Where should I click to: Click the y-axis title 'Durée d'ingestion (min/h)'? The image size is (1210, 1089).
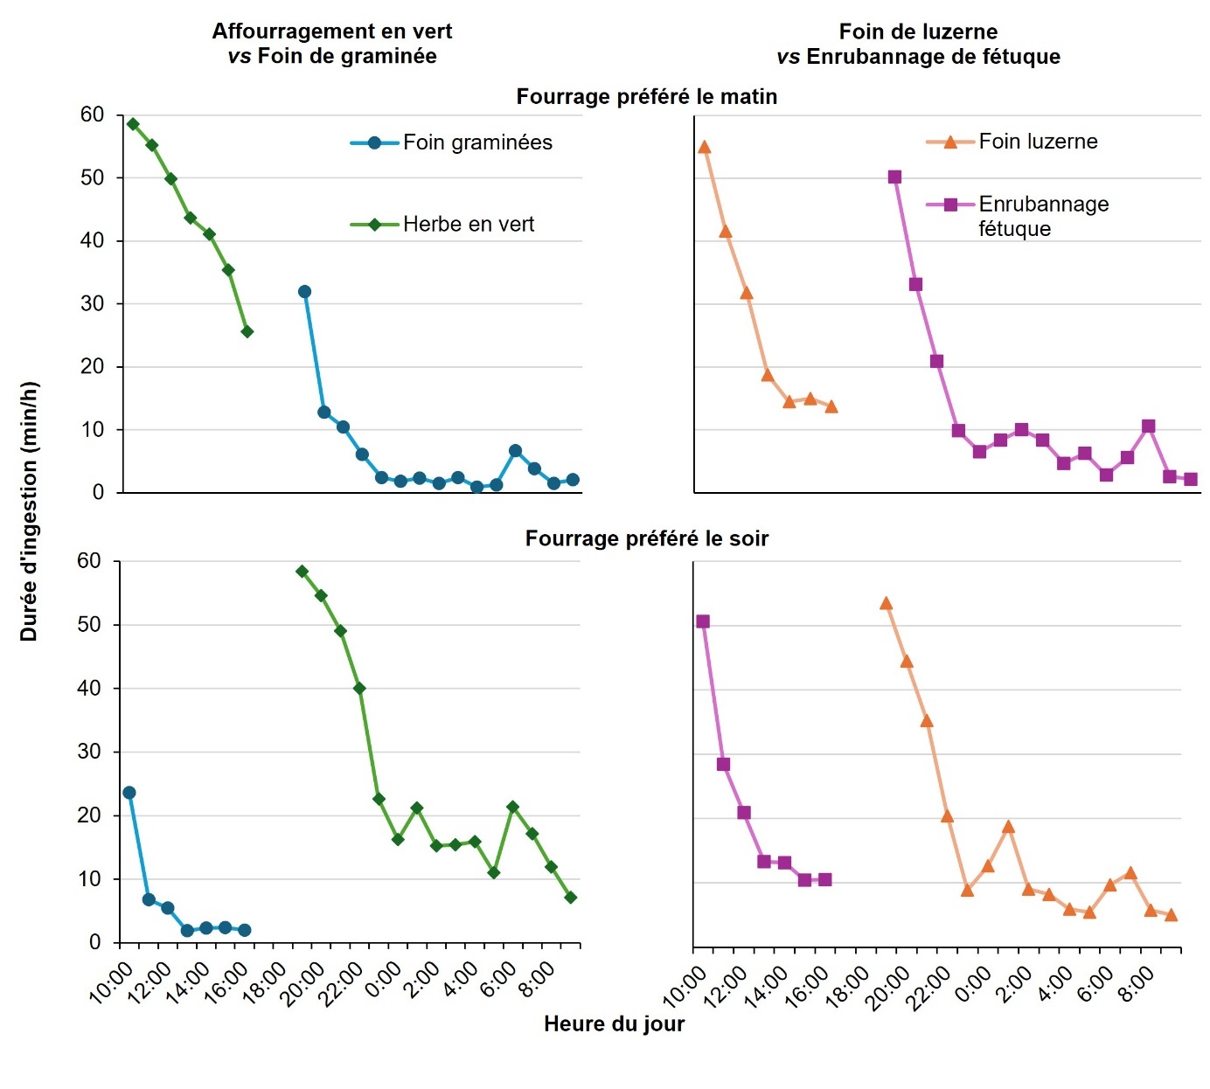pos(29,511)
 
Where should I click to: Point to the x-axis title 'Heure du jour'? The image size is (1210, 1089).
pos(614,1023)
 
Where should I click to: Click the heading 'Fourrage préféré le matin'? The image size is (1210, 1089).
pos(646,96)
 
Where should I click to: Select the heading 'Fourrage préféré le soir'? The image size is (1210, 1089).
pos(646,538)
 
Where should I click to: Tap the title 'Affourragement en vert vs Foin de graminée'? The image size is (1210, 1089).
pos(331,44)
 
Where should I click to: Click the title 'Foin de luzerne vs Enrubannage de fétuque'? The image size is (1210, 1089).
pos(918,44)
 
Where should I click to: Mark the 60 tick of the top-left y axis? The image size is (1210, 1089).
pos(92,114)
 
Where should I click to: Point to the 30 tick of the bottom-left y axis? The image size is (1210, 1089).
pos(89,752)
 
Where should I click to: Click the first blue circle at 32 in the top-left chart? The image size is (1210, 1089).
pos(304,292)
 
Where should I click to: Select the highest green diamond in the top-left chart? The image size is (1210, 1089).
pos(133,124)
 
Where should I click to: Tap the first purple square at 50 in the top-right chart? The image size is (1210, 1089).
pos(894,177)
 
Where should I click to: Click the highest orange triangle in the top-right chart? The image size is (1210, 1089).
pos(705,148)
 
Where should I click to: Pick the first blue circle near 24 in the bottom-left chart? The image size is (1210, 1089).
pos(129,793)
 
